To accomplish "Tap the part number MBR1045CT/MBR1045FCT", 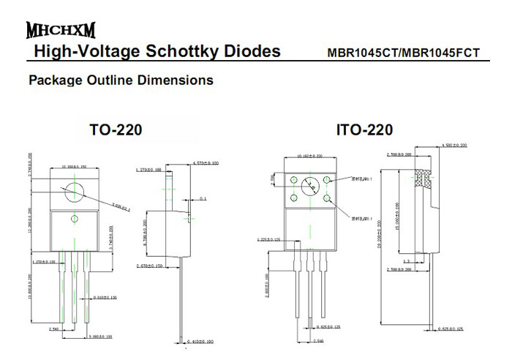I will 414,53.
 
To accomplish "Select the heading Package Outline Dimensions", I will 121,80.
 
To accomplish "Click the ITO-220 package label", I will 364,130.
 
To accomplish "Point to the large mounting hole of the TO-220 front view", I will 74,190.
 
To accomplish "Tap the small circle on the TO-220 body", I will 74,219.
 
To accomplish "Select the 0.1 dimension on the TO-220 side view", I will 203,198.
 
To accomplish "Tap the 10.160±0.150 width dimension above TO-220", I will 74,166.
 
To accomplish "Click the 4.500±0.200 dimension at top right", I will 457,146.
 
